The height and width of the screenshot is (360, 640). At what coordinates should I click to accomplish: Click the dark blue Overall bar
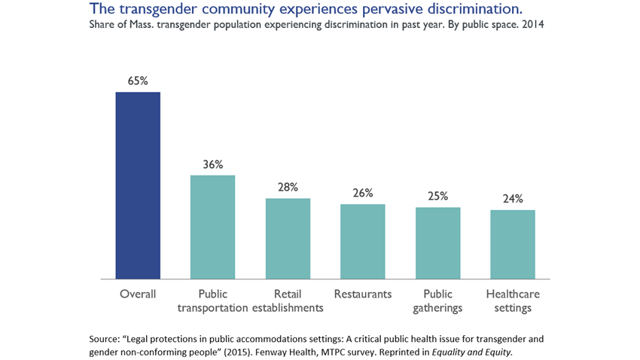pyautogui.click(x=138, y=185)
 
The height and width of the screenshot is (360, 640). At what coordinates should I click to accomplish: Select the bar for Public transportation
pyautogui.click(x=212, y=227)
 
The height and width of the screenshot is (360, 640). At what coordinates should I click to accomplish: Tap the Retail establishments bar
pyautogui.click(x=288, y=238)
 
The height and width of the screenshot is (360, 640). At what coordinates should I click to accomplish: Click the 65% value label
pyautogui.click(x=138, y=80)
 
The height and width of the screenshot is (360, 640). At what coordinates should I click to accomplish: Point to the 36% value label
pyautogui.click(x=213, y=163)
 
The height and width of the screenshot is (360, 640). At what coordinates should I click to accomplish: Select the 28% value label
pyautogui.click(x=288, y=187)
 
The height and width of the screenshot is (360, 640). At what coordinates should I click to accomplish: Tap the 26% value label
pyautogui.click(x=363, y=193)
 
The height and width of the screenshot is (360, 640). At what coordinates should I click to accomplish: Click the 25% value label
pyautogui.click(x=437, y=196)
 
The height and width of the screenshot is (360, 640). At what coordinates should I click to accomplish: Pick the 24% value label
pyautogui.click(x=513, y=199)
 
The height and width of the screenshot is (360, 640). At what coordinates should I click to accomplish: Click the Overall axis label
pyautogui.click(x=138, y=294)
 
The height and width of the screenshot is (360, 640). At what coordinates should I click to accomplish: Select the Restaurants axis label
pyautogui.click(x=362, y=294)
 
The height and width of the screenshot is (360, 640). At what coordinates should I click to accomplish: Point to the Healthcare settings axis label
pyautogui.click(x=513, y=301)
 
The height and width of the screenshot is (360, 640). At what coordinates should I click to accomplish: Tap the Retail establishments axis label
pyautogui.click(x=288, y=301)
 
